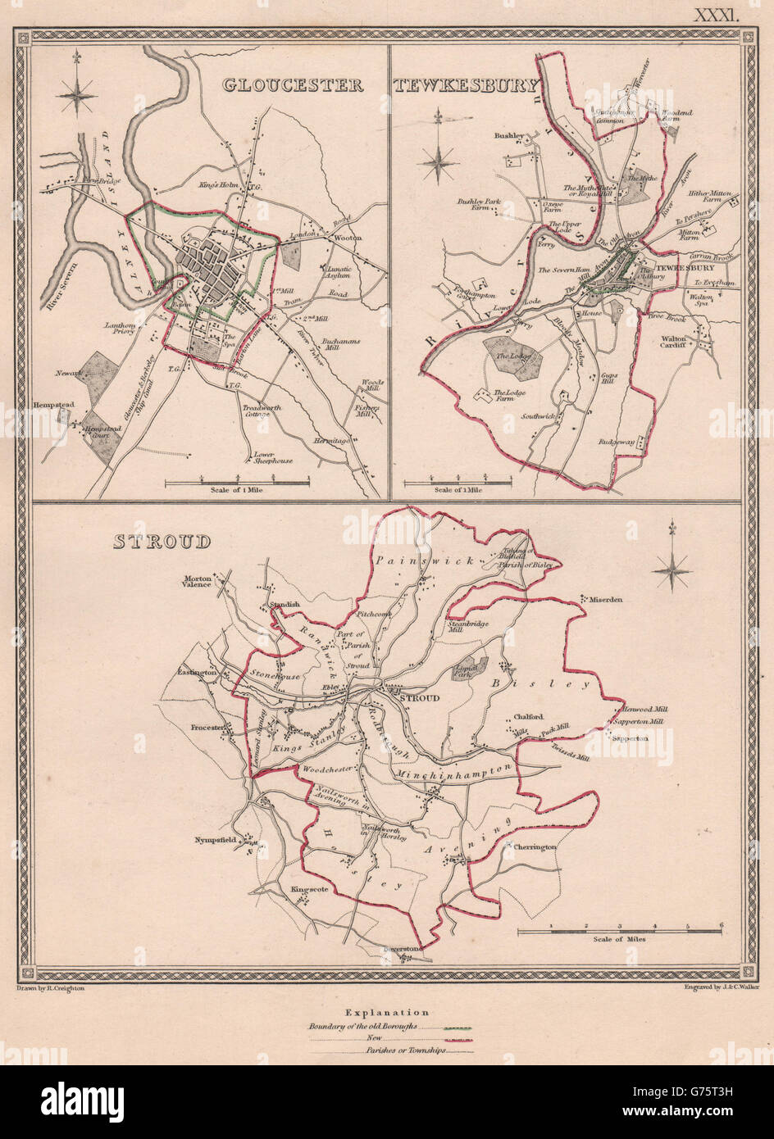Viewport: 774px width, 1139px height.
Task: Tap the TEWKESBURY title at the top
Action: (x=466, y=86)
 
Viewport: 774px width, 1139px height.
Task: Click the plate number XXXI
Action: (x=717, y=14)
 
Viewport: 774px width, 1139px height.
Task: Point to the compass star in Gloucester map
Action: (x=76, y=92)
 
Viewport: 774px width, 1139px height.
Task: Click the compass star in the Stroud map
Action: (x=672, y=565)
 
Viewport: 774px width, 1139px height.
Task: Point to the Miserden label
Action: (x=605, y=599)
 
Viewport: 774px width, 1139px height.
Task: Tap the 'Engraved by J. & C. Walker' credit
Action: (x=721, y=987)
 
